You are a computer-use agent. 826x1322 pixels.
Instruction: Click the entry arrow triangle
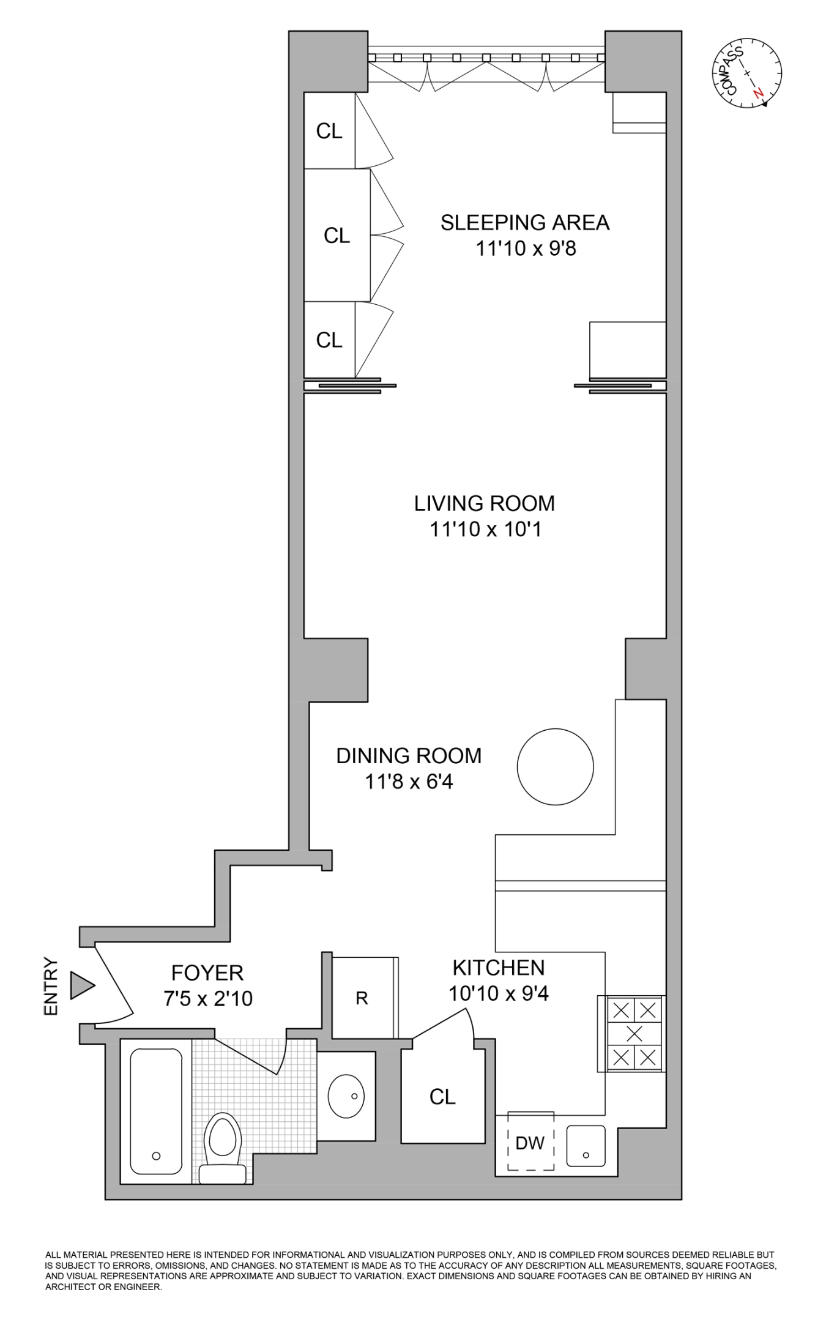point(81,985)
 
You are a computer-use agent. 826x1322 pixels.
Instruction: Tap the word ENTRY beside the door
point(51,986)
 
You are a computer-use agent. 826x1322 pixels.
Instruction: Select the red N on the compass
point(759,93)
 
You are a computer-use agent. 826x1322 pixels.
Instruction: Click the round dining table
point(555,766)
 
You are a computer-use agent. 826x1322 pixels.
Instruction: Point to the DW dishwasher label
point(530,1143)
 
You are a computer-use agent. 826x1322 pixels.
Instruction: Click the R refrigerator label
point(362,999)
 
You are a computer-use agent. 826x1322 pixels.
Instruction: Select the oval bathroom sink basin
point(346,1096)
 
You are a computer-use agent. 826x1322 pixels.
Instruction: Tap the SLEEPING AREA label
point(525,223)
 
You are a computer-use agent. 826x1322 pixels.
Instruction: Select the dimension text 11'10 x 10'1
point(485,529)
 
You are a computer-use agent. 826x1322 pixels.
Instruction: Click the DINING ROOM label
point(409,756)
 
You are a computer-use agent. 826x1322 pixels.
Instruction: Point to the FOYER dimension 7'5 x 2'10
point(207,999)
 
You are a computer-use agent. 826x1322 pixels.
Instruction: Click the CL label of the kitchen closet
point(442,1097)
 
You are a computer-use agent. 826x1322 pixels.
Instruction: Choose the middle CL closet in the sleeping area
point(337,236)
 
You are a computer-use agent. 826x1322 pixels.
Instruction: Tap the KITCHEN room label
point(499,968)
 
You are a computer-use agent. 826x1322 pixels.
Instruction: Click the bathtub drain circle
point(156,1156)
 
